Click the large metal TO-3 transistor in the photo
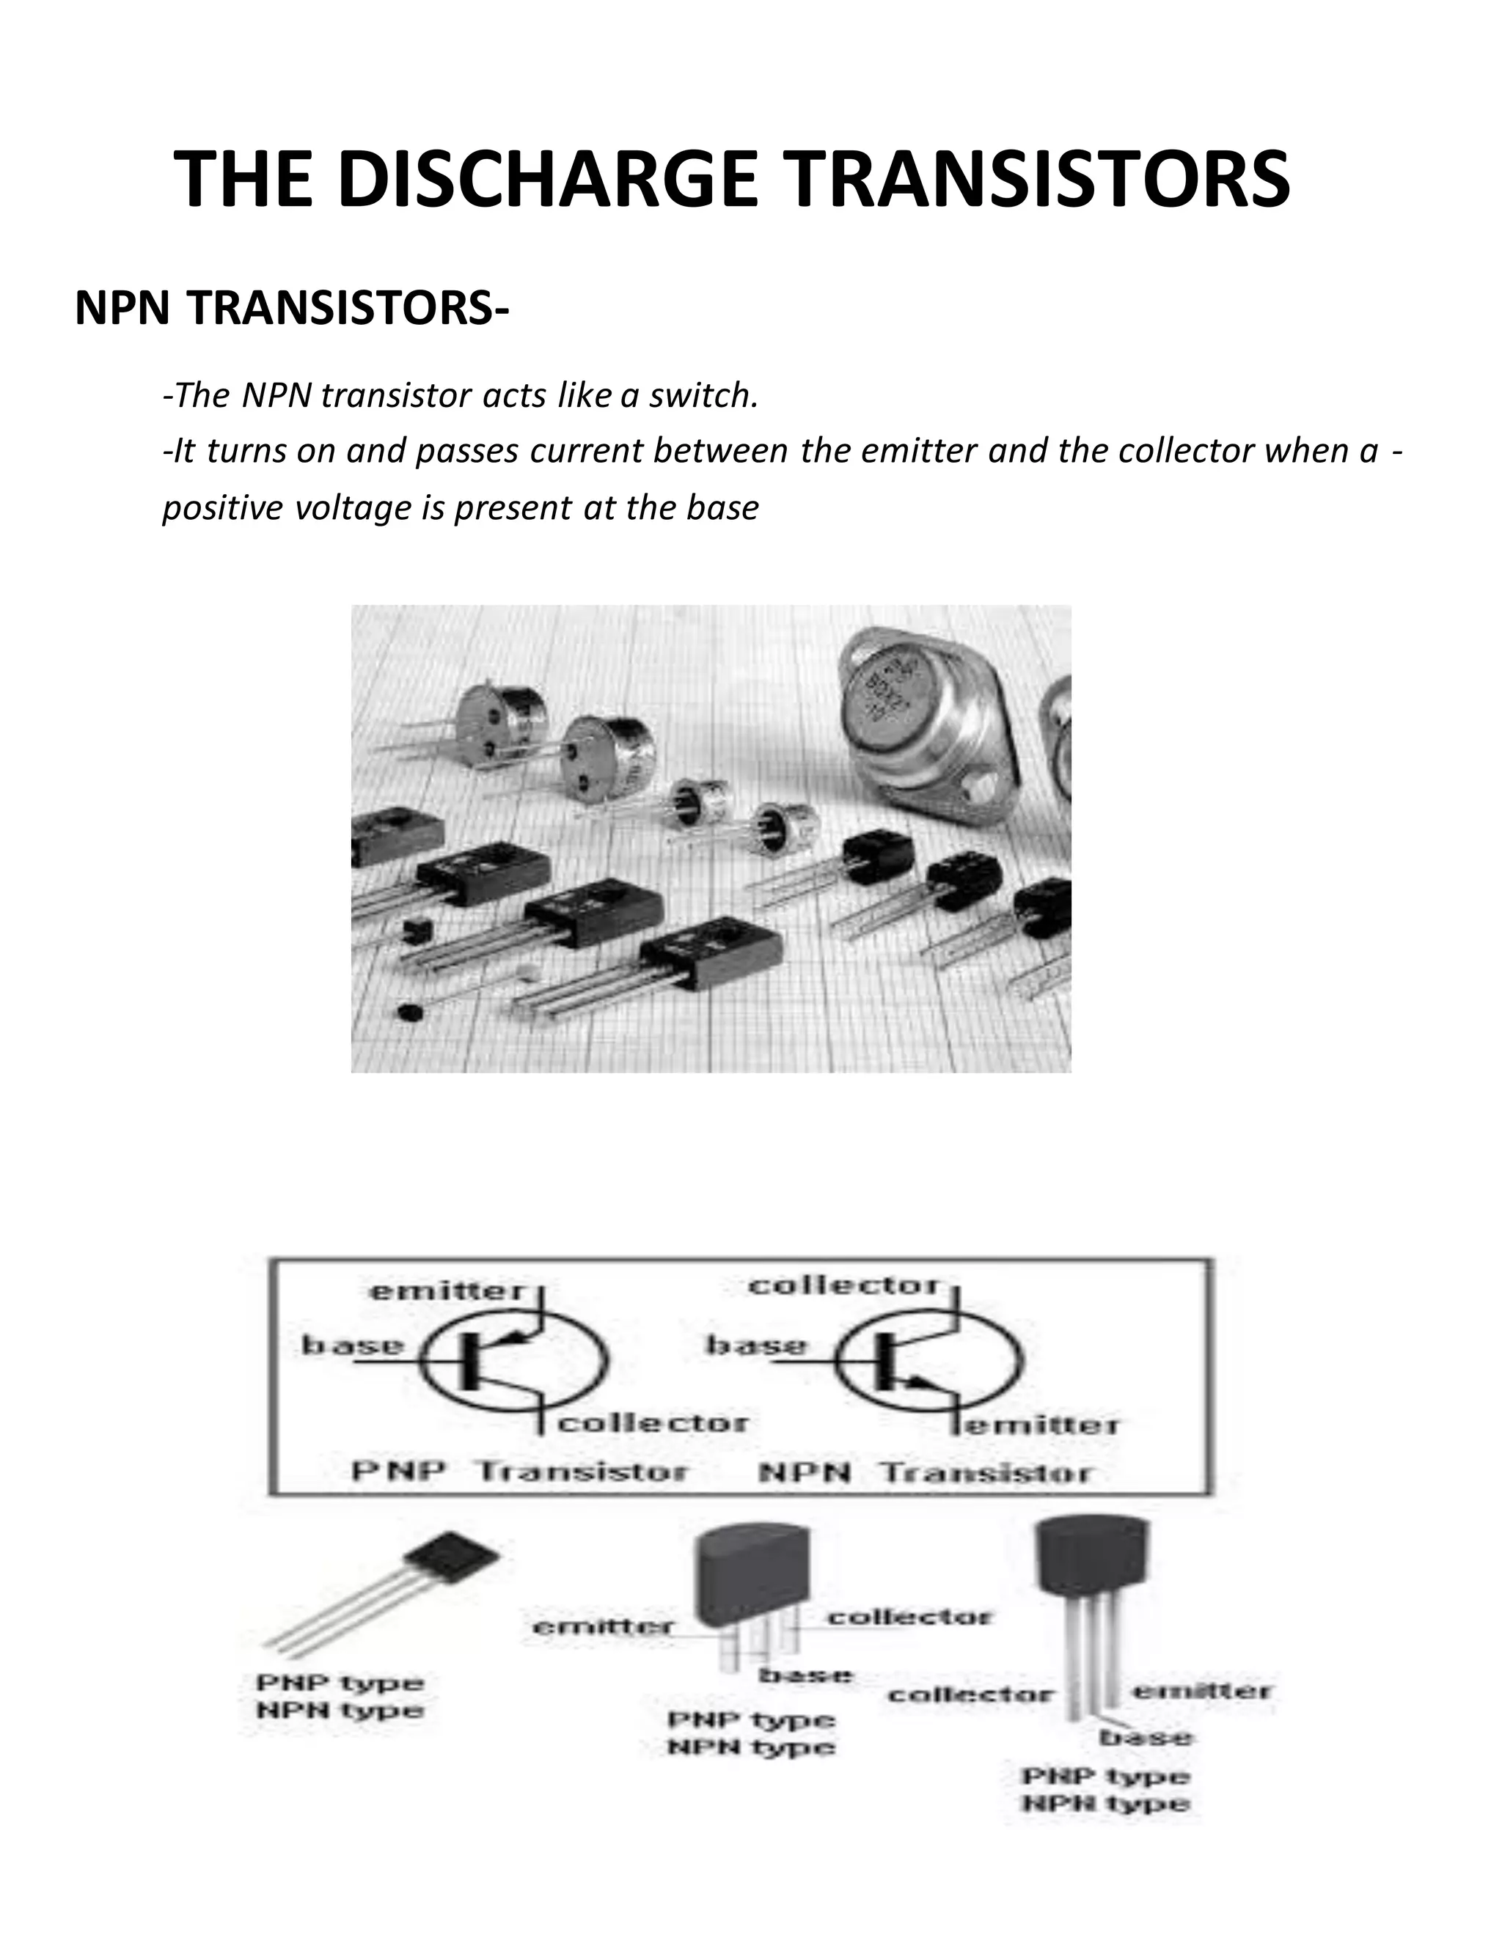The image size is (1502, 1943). pyautogui.click(x=926, y=730)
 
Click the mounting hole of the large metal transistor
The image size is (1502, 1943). pyautogui.click(x=986, y=787)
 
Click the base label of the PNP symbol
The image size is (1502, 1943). pyautogui.click(x=352, y=1345)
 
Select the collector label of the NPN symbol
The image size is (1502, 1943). pyautogui.click(x=844, y=1287)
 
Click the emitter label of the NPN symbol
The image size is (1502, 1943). pyautogui.click(x=1041, y=1426)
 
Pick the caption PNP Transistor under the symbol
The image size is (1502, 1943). pyautogui.click(x=520, y=1472)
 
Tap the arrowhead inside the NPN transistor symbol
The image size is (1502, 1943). pyautogui.click(x=915, y=1384)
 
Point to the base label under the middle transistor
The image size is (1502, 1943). pyautogui.click(x=805, y=1676)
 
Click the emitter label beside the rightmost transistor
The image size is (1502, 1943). pyautogui.click(x=1201, y=1692)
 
